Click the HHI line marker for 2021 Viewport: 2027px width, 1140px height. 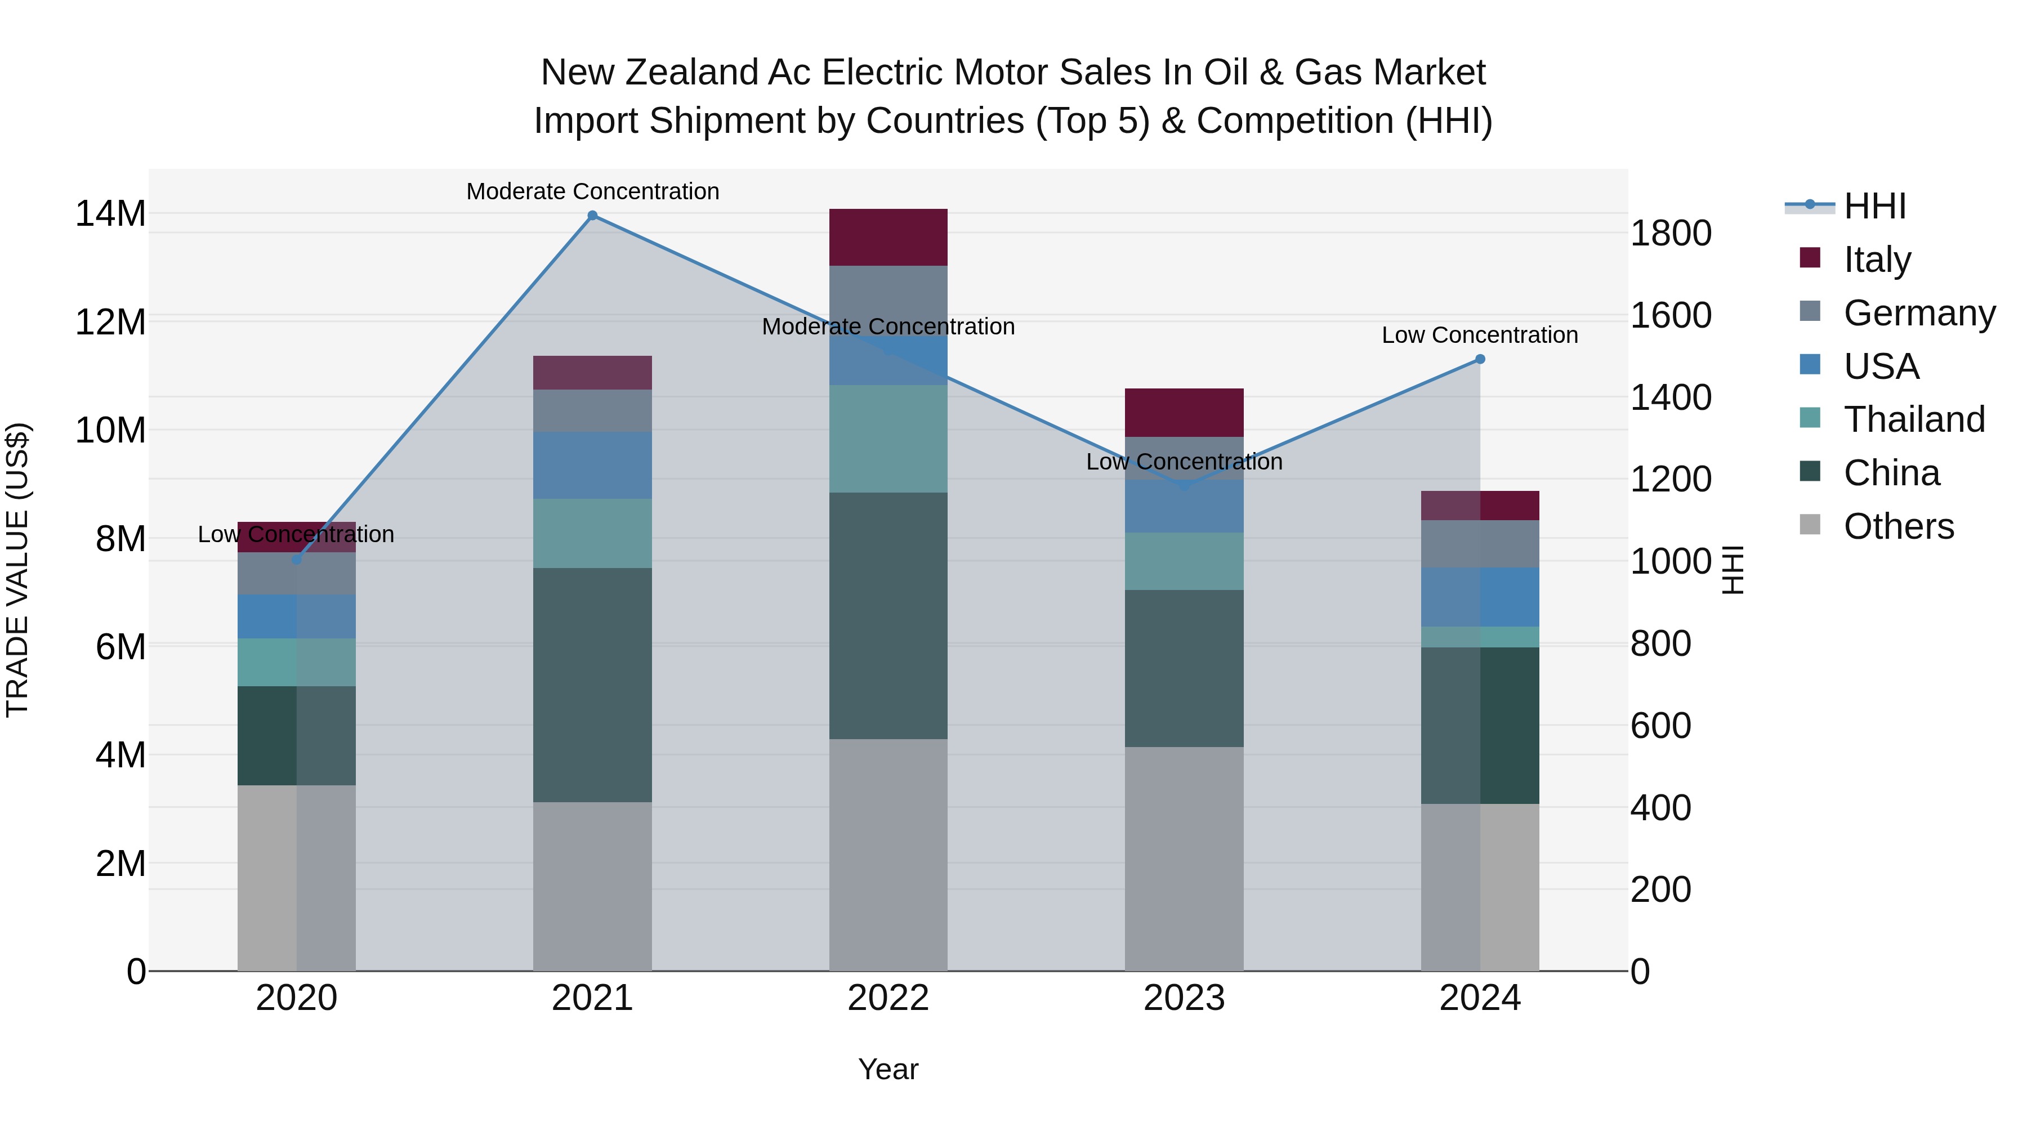click(592, 216)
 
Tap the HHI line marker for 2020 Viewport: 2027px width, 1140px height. click(297, 560)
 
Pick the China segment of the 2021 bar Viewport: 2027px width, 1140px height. click(592, 685)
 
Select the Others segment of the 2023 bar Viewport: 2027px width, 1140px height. click(1184, 859)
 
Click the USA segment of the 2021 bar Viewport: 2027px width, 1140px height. click(592, 465)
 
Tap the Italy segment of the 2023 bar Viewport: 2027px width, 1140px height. click(1184, 412)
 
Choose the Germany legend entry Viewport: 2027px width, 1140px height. click(1918, 313)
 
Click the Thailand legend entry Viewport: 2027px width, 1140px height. click(1914, 419)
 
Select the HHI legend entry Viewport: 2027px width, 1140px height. click(1874, 206)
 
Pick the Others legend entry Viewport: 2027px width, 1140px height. click(1898, 526)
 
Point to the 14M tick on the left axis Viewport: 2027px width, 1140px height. click(110, 214)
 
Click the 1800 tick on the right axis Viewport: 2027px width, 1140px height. click(1671, 234)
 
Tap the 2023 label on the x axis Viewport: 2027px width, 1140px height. click(1184, 998)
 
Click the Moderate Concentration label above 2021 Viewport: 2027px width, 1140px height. click(592, 191)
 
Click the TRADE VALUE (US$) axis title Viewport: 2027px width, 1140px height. click(17, 570)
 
